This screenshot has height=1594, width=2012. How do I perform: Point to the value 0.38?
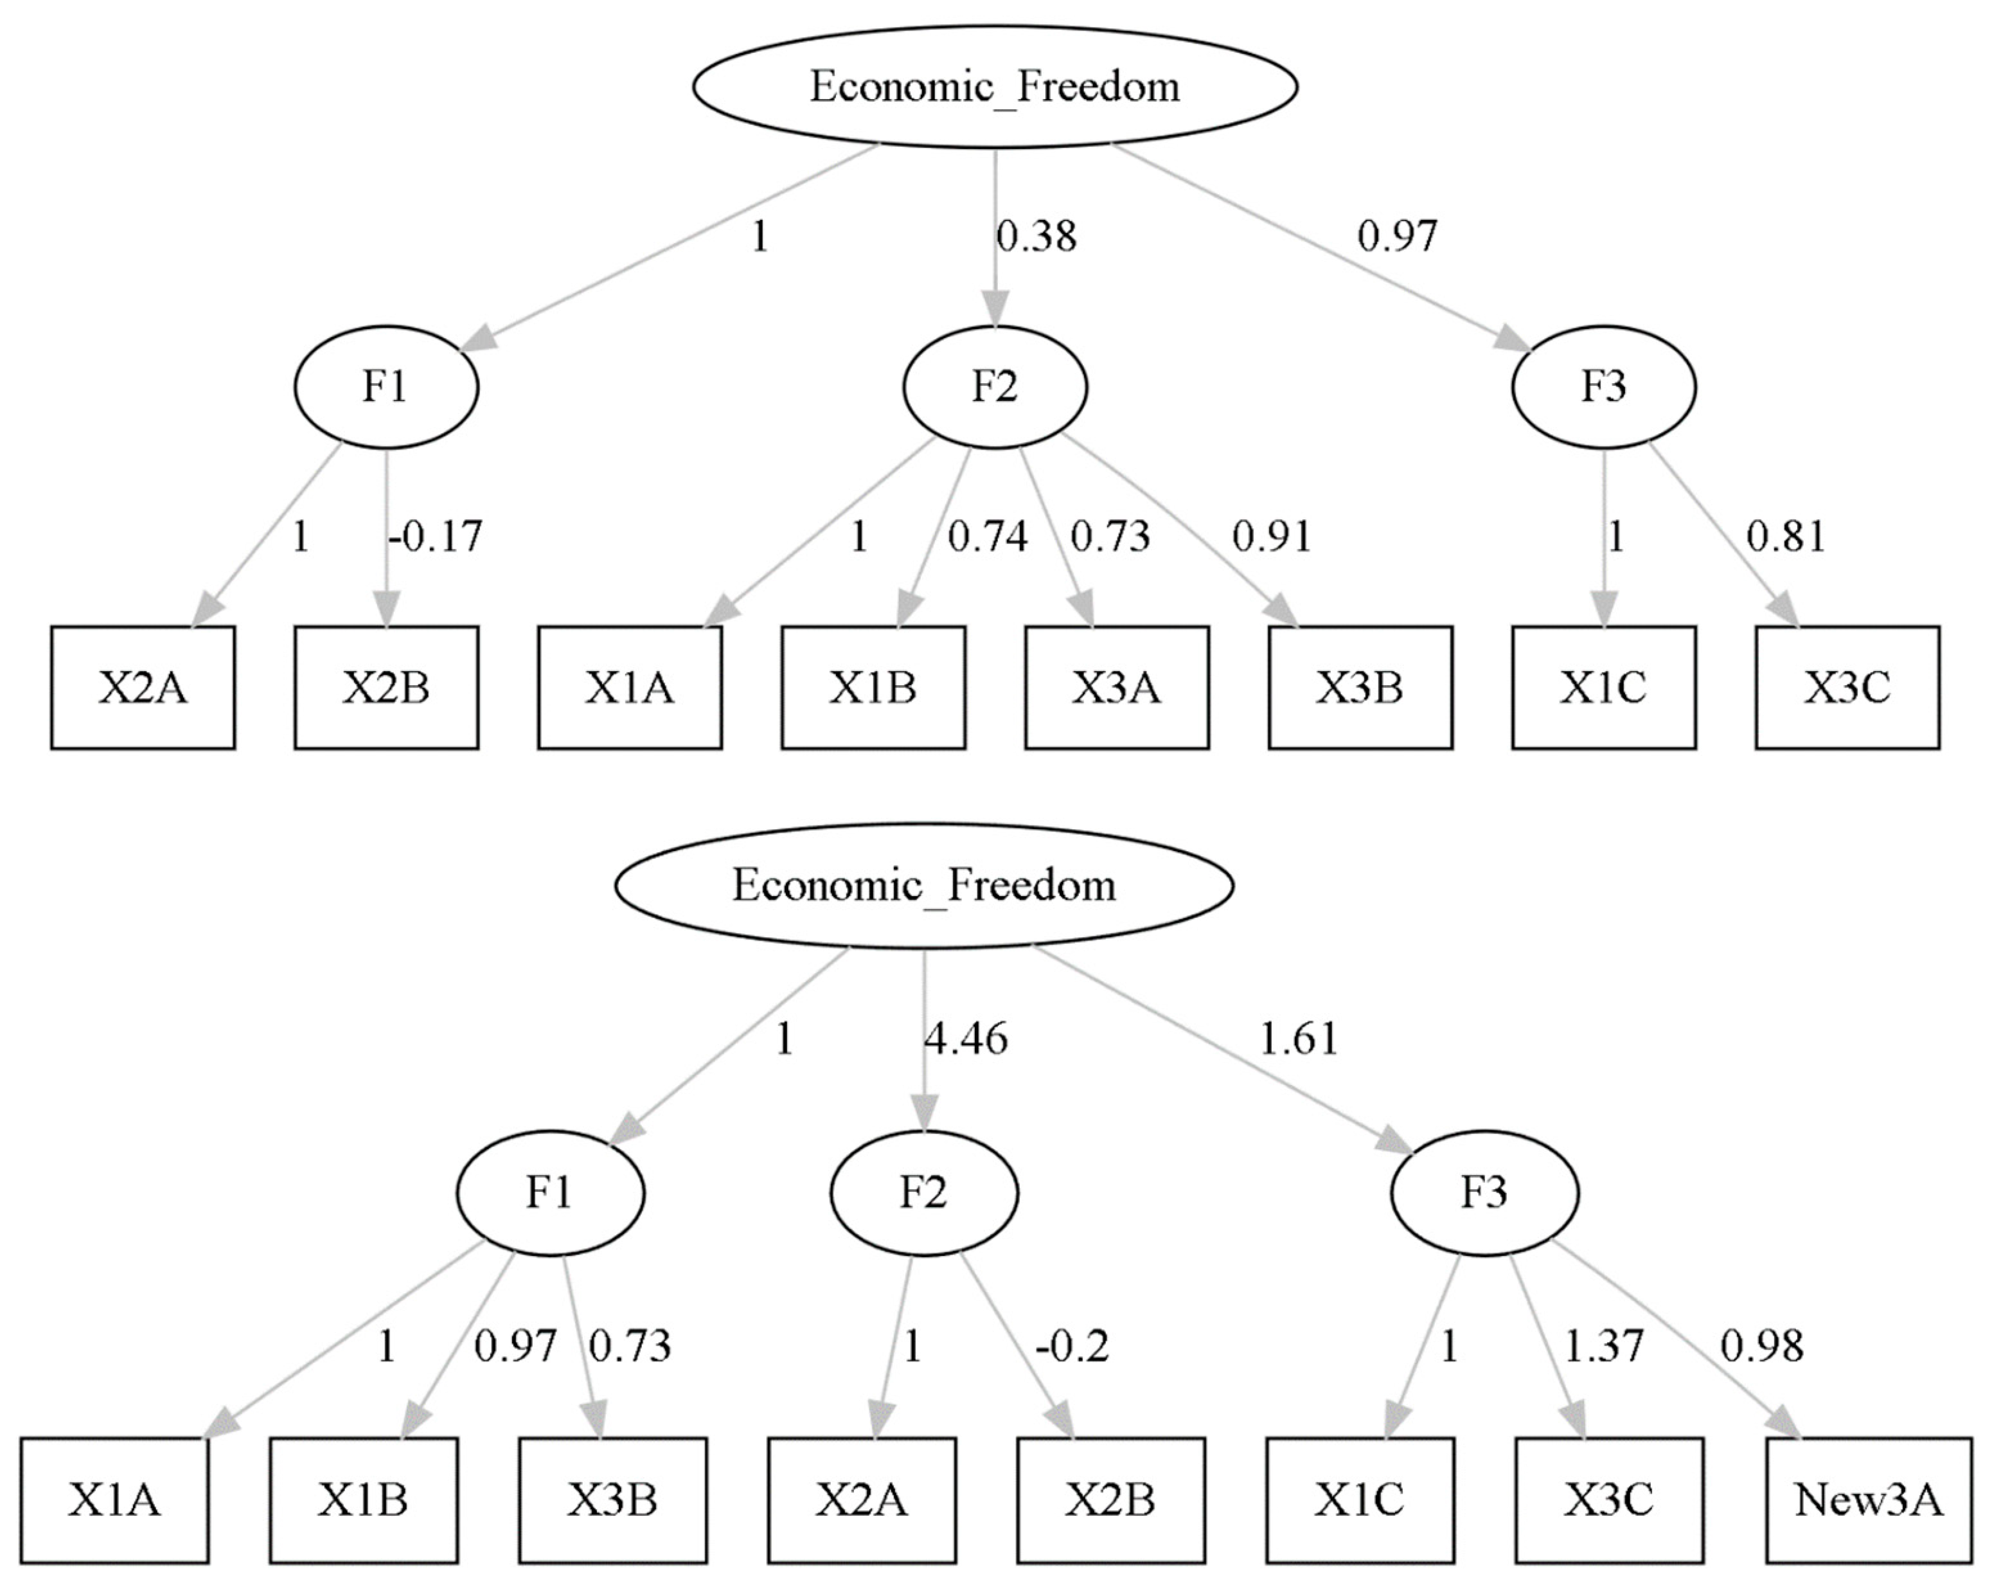1036,236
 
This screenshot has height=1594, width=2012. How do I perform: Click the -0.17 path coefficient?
436,537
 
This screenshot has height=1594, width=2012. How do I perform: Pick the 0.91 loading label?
1272,537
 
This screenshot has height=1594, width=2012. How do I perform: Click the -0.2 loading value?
1073,1346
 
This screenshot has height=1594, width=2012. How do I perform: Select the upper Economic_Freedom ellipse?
995,87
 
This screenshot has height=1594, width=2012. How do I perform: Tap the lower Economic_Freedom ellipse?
924,884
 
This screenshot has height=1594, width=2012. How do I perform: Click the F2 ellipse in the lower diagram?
924,1193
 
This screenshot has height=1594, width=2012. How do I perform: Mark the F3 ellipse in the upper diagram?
1603,386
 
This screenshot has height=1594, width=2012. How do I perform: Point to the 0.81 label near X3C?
1785,537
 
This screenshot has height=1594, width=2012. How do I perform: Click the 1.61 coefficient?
1299,1039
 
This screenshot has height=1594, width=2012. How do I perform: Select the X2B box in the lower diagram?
1110,1501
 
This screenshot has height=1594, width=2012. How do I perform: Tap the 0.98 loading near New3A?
1762,1346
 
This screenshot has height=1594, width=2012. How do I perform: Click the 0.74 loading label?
987,537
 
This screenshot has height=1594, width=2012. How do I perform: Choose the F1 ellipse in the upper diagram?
386,386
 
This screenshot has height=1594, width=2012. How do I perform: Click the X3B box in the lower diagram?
613,1501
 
